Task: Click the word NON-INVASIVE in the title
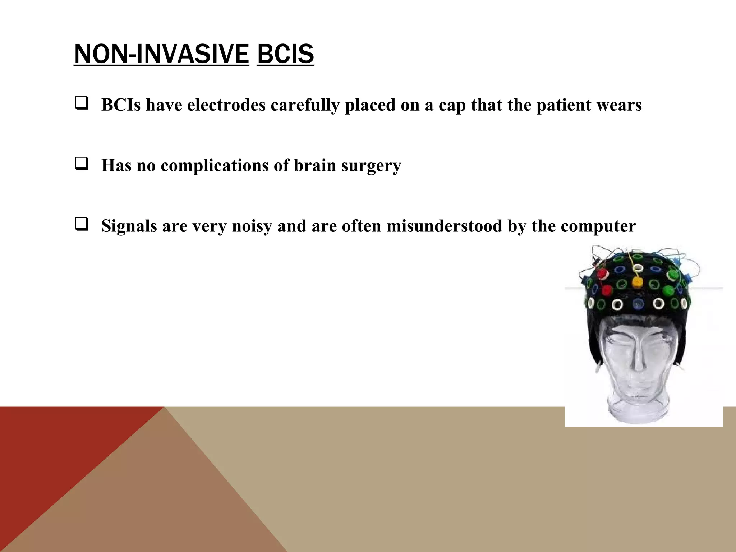click(161, 54)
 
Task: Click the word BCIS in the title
click(285, 54)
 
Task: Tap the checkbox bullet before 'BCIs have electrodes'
click(81, 104)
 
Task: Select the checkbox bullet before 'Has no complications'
click(81, 165)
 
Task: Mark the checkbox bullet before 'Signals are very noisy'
click(81, 225)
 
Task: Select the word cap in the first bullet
click(452, 106)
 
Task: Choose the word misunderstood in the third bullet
click(444, 226)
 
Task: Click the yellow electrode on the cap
click(637, 282)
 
